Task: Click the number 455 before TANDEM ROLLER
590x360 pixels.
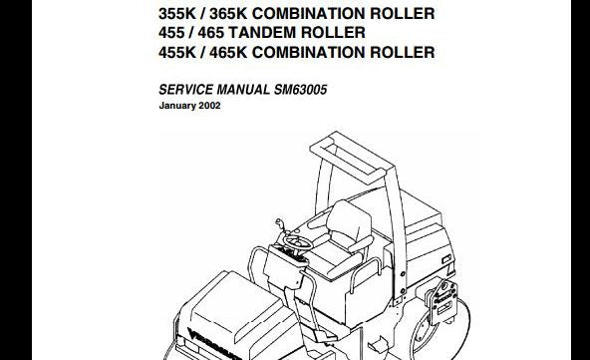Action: coord(176,33)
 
